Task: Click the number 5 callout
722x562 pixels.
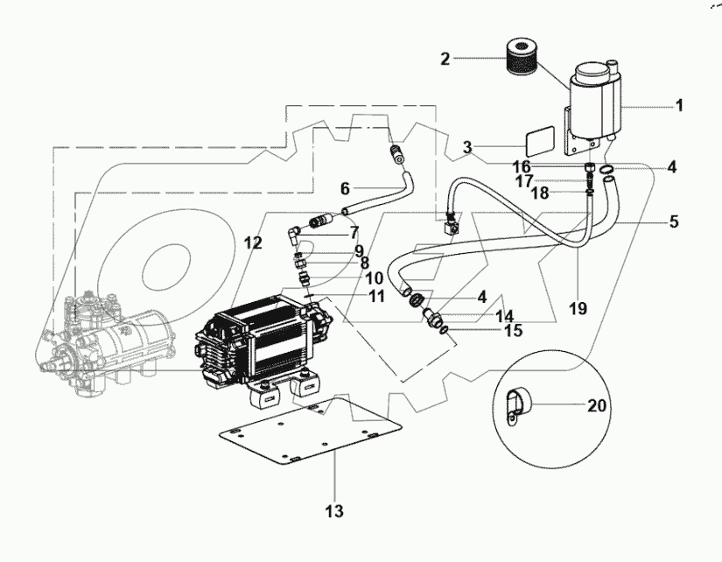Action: tap(673, 222)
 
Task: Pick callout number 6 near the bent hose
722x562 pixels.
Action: tap(345, 188)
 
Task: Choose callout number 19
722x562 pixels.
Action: tap(577, 309)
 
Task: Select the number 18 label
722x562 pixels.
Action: tap(542, 193)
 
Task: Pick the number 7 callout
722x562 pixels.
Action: tap(354, 232)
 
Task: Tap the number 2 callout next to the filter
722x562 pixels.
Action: tap(445, 60)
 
